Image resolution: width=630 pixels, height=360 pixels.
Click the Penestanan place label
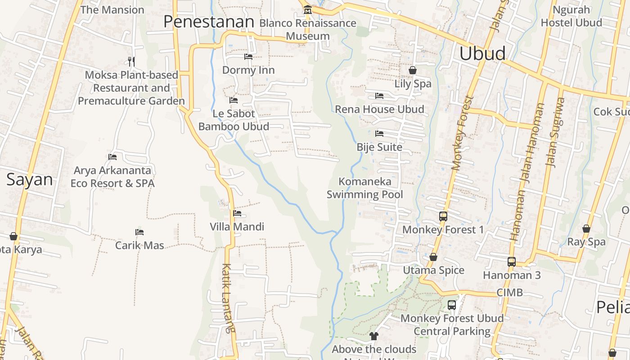coord(209,22)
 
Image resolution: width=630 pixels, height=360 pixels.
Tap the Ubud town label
coord(482,54)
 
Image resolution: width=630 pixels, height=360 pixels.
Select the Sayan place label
coord(30,180)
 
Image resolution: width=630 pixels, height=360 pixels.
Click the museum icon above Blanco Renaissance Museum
coord(308,9)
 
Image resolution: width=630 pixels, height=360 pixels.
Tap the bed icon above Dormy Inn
coord(248,57)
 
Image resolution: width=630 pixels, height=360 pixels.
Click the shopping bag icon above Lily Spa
coord(413,70)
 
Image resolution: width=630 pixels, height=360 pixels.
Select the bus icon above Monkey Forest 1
coord(443,216)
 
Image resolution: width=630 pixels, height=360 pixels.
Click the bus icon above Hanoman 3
coord(512,262)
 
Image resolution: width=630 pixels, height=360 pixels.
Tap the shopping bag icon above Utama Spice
coord(433,257)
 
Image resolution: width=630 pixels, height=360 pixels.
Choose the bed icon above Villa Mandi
coord(237,213)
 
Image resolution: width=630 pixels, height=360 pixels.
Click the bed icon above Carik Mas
coord(139,232)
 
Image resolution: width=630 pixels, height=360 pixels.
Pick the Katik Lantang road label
coord(229,298)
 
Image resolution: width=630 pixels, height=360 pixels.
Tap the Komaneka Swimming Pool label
coord(365,188)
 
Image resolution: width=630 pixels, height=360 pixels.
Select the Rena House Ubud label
coord(379,109)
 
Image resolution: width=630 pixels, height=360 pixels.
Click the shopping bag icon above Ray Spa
coord(586,229)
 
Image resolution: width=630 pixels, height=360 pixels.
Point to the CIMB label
coord(510,292)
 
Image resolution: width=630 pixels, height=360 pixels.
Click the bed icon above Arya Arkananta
coord(112,157)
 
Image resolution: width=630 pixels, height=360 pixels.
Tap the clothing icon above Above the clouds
coord(374,336)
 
